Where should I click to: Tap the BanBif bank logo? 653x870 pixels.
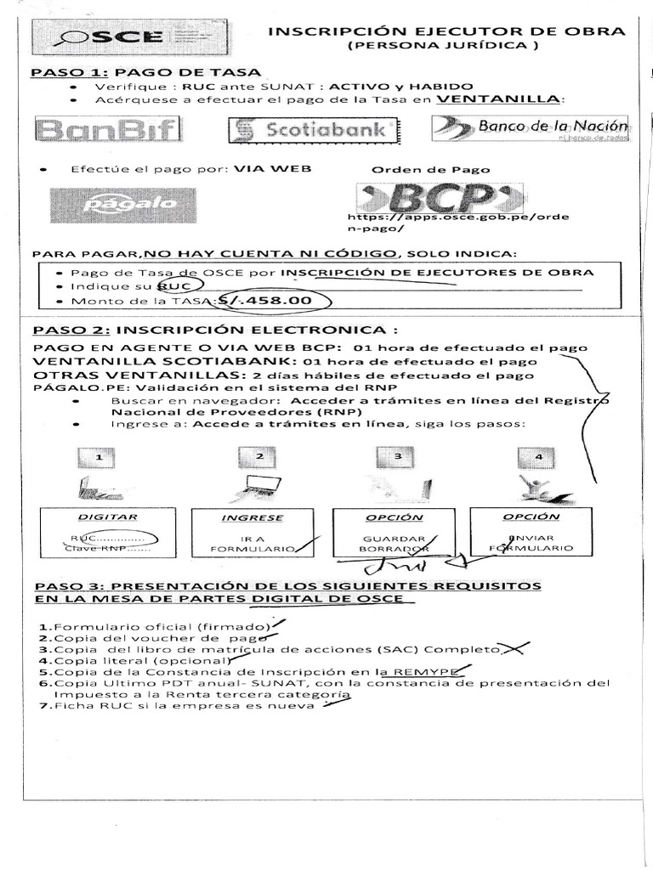point(108,130)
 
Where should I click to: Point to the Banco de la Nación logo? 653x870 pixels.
point(530,128)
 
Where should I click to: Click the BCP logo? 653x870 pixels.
point(435,197)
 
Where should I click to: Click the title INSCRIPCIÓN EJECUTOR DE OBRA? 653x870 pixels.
point(446,32)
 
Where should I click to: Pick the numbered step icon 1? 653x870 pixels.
point(99,457)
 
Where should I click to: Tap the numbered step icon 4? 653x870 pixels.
point(537,457)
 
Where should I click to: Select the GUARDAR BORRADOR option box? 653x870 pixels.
point(394,535)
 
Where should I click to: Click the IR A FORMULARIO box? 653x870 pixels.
point(252,535)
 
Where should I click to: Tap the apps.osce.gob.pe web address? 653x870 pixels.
point(459,223)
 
